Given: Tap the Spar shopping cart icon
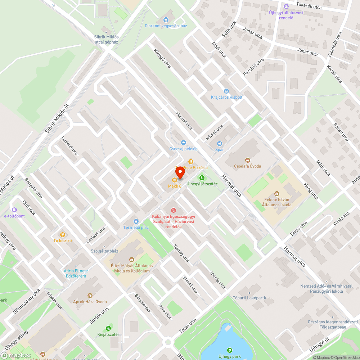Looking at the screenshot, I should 220,143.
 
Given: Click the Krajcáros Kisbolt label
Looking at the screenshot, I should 226,97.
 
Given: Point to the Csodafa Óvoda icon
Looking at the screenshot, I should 248,160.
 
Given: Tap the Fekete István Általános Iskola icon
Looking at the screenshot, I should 276,194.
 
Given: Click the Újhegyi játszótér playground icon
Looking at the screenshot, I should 202,177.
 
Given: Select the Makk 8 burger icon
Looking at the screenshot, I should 175,180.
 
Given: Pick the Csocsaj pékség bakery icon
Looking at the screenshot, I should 183,143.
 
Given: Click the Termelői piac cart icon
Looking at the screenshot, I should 136,221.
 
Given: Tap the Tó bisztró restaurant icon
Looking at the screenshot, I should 63,234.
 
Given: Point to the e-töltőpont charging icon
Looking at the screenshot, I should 14,210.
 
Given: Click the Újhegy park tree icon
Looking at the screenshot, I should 229,350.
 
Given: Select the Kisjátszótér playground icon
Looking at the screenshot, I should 108,328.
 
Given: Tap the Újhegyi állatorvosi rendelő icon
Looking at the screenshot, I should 286,6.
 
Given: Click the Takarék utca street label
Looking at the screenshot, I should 309,6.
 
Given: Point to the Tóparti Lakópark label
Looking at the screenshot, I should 249,298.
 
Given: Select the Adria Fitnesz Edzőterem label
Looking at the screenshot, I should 76,273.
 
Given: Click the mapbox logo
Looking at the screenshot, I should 16,355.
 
